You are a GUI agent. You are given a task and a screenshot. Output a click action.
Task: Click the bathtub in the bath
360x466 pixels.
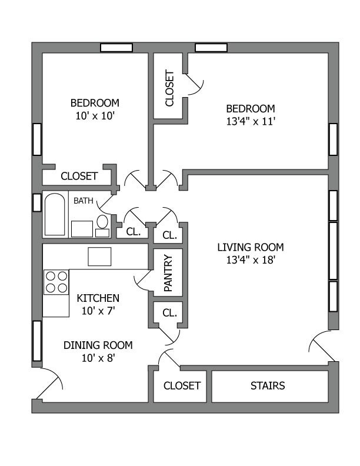tap(55, 215)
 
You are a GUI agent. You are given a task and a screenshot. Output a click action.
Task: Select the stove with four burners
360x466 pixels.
tap(56, 281)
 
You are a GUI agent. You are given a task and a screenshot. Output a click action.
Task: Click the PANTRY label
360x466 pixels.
tap(168, 272)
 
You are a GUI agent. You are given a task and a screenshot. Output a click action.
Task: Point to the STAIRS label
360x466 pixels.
tap(268, 386)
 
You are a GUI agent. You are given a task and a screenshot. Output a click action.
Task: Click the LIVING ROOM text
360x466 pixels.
tap(251, 247)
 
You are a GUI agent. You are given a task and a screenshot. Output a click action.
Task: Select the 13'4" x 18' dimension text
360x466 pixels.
tap(251, 259)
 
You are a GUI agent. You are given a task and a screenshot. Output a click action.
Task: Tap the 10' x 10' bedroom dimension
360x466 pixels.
tap(94, 116)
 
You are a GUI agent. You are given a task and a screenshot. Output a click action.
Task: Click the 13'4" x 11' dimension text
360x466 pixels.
tap(251, 122)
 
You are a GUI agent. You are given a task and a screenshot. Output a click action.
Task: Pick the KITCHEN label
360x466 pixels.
tap(98, 298)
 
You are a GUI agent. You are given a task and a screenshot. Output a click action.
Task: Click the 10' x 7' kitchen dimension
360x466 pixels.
tap(98, 311)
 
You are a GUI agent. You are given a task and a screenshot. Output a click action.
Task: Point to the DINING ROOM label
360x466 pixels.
tap(98, 345)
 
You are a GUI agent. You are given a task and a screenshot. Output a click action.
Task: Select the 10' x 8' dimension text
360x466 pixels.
tap(98, 357)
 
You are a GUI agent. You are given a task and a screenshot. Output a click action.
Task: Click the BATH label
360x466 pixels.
tap(83, 201)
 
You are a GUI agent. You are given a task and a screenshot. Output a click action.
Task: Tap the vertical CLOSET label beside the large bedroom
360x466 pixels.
tap(170, 88)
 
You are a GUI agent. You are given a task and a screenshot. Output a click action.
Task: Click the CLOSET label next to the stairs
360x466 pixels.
tap(182, 386)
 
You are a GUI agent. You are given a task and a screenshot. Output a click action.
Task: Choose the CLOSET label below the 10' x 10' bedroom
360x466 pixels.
tap(79, 176)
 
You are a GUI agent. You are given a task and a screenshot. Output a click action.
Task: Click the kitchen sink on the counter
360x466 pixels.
tap(99, 257)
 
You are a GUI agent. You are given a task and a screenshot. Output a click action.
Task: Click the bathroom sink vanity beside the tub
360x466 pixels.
tap(82, 228)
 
